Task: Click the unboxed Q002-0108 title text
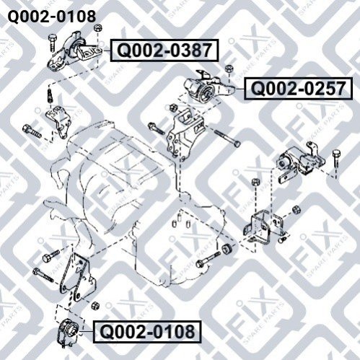click(x=52, y=17)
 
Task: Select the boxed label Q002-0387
click(x=164, y=51)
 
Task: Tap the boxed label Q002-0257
click(x=298, y=89)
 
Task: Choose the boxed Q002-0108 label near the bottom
click(x=147, y=332)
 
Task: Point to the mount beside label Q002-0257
click(x=208, y=88)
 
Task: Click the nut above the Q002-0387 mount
click(x=97, y=27)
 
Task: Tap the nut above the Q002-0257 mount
click(x=229, y=69)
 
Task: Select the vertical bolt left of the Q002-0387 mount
click(x=52, y=43)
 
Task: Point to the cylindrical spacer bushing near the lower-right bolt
click(x=227, y=248)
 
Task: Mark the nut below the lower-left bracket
click(x=95, y=305)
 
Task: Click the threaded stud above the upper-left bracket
click(x=50, y=96)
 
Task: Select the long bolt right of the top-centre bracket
click(x=227, y=139)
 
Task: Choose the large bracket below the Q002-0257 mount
click(x=185, y=135)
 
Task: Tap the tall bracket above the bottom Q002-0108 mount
click(x=77, y=276)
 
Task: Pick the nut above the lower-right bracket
click(x=255, y=182)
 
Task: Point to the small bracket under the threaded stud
click(x=59, y=121)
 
